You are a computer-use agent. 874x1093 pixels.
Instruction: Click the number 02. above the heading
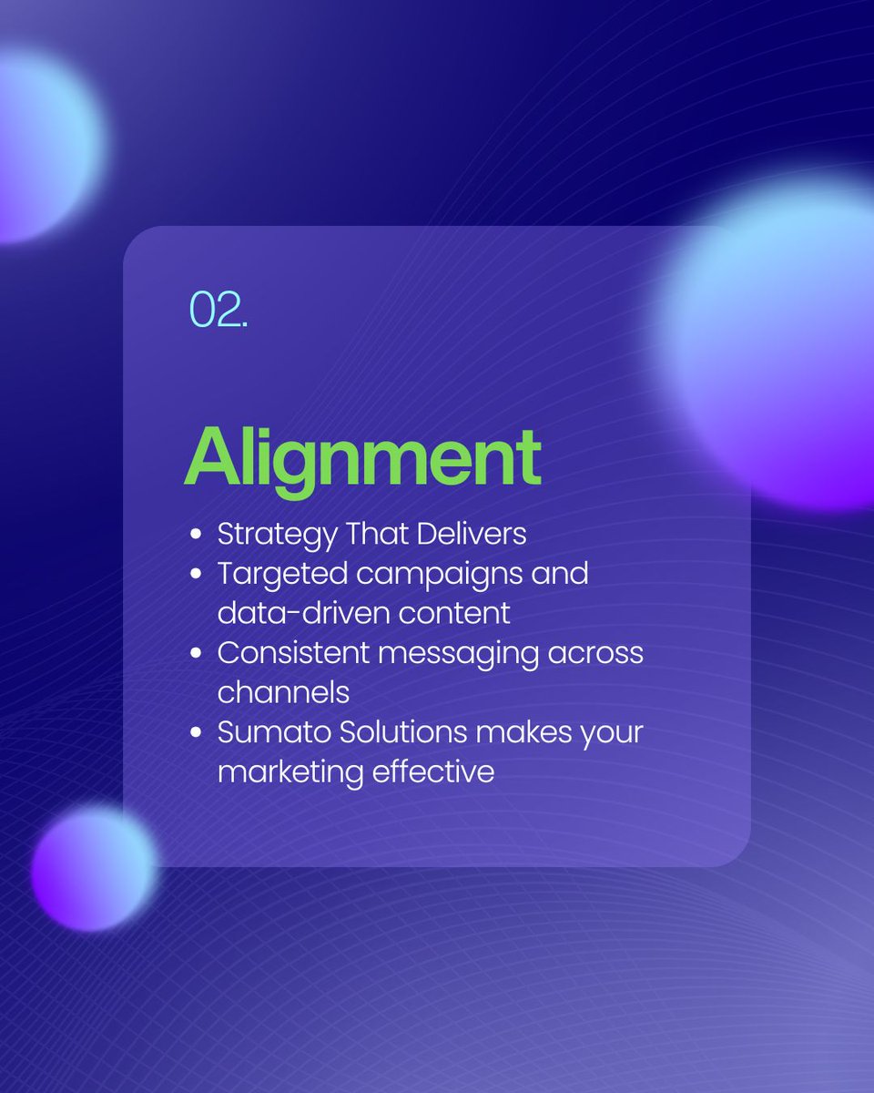click(218, 311)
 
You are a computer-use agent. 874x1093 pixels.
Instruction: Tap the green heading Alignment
click(362, 457)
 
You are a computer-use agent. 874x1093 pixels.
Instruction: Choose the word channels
click(283, 692)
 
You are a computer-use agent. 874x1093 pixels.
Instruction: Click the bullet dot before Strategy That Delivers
click(196, 535)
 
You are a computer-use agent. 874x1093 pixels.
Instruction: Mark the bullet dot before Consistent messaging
click(196, 654)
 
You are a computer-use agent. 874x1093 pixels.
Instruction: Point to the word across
click(592, 653)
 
